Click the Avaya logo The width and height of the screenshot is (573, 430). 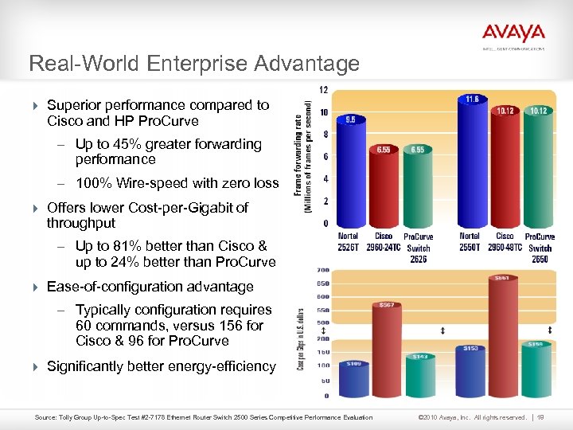tap(513, 34)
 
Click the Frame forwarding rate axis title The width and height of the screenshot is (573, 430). tap(304, 154)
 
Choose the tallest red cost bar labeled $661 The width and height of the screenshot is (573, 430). tap(502, 334)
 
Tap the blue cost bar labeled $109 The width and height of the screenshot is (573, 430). tap(353, 379)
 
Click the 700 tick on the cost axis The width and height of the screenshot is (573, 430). tap(324, 271)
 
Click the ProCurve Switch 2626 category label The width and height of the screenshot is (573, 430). tap(418, 247)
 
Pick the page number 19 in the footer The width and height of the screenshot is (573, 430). tap(540, 416)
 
